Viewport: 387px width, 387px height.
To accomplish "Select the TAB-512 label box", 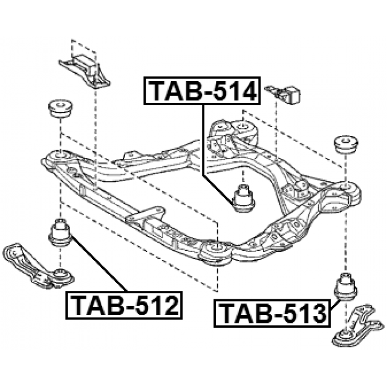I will (x=124, y=305).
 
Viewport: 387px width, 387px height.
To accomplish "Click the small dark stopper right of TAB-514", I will (x=287, y=94).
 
